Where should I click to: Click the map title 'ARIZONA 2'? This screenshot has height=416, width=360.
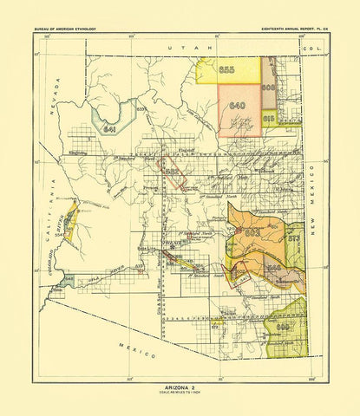point(180,390)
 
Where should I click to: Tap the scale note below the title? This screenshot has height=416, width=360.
point(180,396)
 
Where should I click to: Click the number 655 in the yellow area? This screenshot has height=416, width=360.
point(228,69)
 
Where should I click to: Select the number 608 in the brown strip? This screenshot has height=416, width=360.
point(268,88)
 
